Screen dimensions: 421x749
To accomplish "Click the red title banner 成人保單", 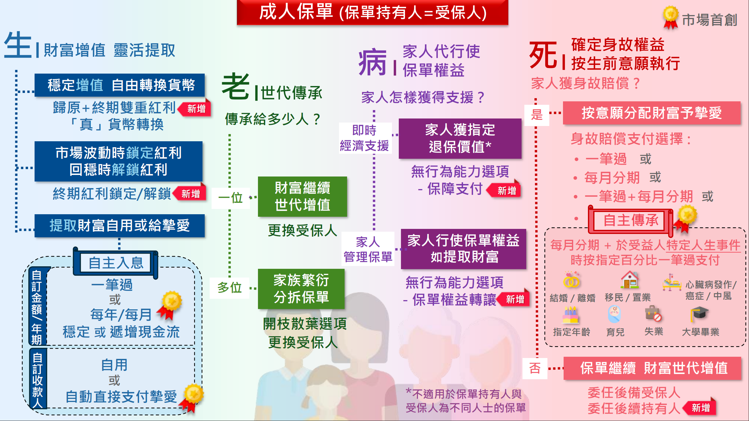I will (372, 12).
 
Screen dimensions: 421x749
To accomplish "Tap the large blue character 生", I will (18, 45).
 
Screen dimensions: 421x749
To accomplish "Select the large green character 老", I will (236, 86).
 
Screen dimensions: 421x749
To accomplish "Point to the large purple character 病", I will (373, 62).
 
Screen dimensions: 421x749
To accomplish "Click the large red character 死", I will (543, 56).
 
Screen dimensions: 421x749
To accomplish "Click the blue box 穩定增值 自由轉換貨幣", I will (120, 85).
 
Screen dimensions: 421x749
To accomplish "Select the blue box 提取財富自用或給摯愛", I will (120, 225).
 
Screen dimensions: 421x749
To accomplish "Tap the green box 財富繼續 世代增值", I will (302, 196).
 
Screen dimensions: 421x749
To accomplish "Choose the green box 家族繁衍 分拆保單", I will (301, 289).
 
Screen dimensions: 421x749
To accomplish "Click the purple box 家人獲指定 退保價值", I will (460, 138).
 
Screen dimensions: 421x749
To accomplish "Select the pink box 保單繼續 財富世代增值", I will (652, 368).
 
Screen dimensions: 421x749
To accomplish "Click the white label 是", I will (537, 114).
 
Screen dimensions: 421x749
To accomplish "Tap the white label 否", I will (535, 368).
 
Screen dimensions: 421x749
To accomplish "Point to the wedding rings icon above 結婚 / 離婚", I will (571, 280).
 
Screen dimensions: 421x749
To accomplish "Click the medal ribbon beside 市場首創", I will (670, 17).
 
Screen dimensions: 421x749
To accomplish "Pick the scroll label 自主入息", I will (116, 263).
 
